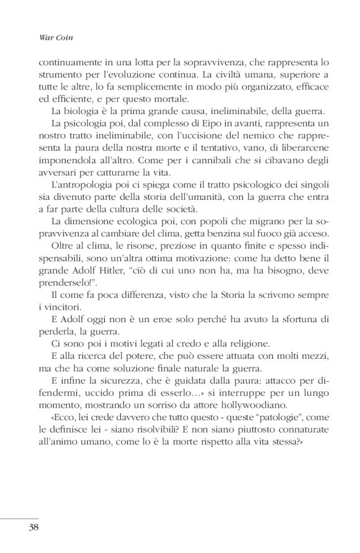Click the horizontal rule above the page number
(19, 516)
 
